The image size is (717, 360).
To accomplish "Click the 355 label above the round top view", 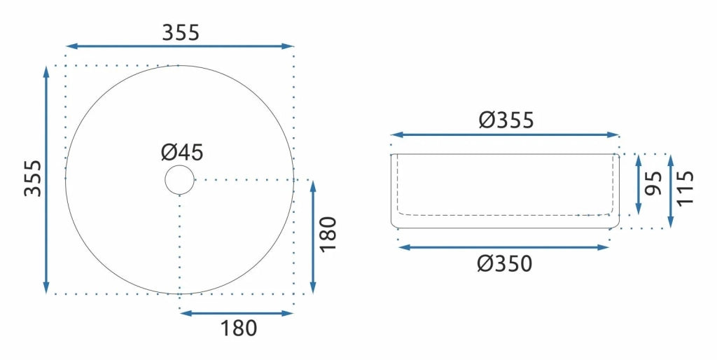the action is (x=181, y=32).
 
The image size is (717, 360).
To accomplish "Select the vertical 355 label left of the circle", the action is (x=33, y=178).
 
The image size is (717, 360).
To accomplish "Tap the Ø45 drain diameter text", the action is (x=182, y=152).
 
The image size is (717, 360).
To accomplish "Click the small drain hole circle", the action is (x=180, y=180).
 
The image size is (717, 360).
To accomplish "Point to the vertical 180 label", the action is (x=328, y=234).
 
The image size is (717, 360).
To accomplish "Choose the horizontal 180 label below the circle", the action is (x=239, y=328).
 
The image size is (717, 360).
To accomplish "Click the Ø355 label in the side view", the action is (x=506, y=120).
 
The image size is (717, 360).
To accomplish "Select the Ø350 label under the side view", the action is (x=505, y=264).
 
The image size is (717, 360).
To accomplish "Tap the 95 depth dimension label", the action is (x=653, y=183).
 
